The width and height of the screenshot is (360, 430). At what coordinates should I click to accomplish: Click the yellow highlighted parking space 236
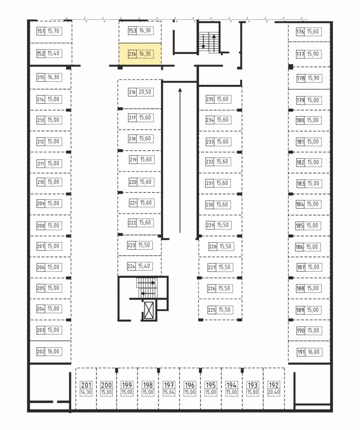140,54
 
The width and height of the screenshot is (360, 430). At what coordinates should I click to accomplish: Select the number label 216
132,92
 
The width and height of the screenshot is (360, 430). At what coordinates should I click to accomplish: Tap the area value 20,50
145,92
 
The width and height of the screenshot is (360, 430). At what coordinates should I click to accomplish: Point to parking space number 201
86,385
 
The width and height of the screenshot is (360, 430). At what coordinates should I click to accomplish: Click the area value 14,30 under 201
86,393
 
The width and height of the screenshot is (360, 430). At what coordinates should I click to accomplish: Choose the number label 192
273,385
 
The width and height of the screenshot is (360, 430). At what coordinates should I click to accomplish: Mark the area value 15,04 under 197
169,393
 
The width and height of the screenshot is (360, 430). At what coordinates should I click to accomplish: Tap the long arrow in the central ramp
180,161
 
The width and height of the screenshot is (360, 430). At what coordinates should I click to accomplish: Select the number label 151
40,31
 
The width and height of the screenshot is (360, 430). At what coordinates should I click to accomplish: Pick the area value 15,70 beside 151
53,31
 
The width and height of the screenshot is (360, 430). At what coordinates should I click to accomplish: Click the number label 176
300,31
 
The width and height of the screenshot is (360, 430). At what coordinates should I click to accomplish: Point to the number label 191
301,352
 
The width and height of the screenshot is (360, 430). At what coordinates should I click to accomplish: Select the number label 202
40,351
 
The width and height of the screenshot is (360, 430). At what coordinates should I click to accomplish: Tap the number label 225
211,310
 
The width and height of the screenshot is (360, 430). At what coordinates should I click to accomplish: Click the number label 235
210,99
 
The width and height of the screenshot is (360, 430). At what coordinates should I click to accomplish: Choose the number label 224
131,266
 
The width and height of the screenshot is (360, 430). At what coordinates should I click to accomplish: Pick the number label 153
132,31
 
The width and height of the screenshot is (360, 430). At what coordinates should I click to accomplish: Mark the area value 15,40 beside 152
53,53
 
